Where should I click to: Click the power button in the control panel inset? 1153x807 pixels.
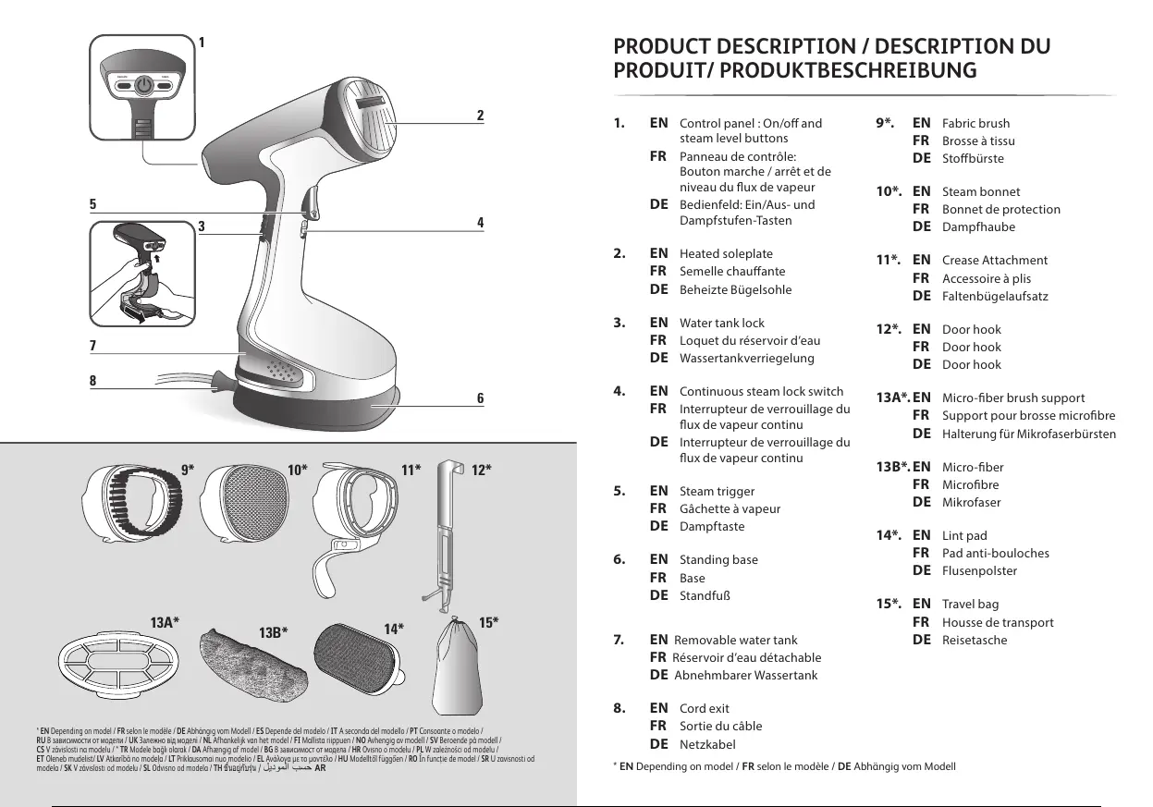(143, 87)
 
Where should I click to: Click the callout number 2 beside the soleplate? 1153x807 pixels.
(480, 116)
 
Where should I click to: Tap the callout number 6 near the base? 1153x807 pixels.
(480, 398)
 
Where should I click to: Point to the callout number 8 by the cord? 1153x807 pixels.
(93, 380)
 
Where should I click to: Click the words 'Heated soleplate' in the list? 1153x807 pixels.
(726, 253)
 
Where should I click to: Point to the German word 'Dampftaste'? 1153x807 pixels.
(711, 527)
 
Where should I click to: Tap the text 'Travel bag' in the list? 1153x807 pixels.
(970, 605)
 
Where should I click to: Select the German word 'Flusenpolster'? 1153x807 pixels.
(979, 570)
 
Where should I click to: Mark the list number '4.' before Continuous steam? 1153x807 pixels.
(621, 390)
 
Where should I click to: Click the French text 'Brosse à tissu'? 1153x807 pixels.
(978, 141)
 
